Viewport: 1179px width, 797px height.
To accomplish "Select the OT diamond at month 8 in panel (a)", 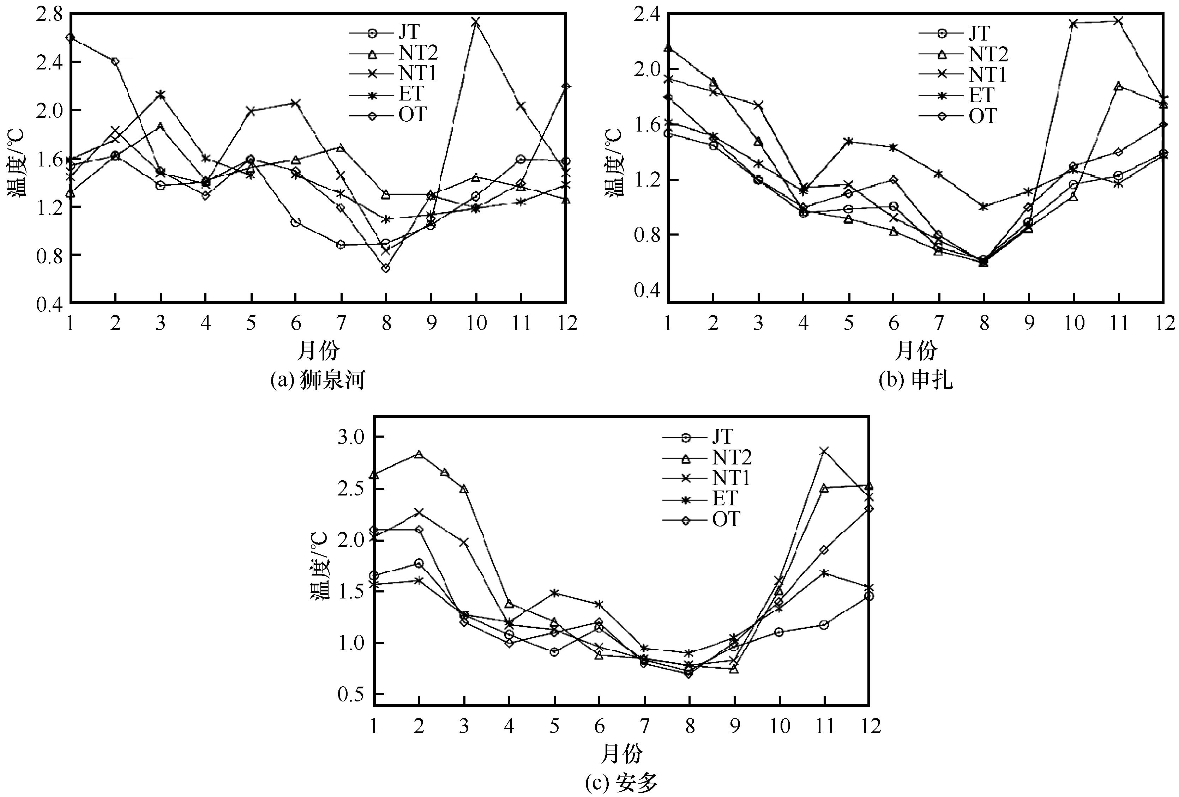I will tap(386, 268).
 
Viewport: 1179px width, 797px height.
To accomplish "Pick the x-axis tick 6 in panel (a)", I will tap(296, 323).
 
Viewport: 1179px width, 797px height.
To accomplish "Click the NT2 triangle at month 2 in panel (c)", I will tap(419, 454).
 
